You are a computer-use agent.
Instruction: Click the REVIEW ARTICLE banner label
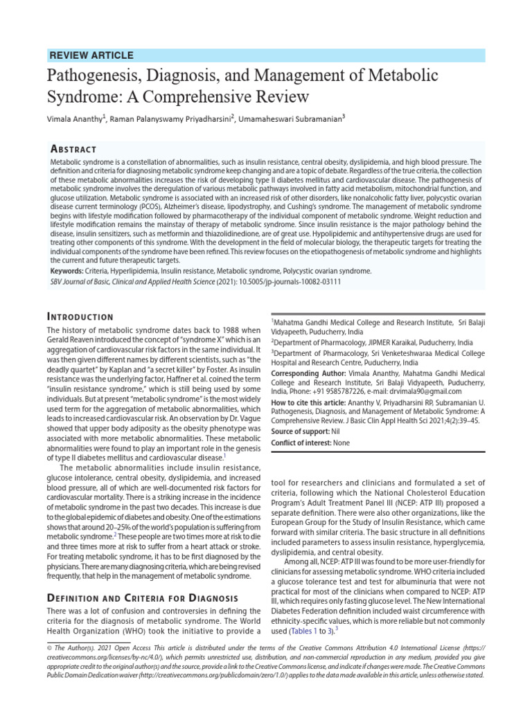tap(92, 55)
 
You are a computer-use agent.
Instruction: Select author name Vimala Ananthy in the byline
tap(74, 119)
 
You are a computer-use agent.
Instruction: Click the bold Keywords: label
tap(68, 271)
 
